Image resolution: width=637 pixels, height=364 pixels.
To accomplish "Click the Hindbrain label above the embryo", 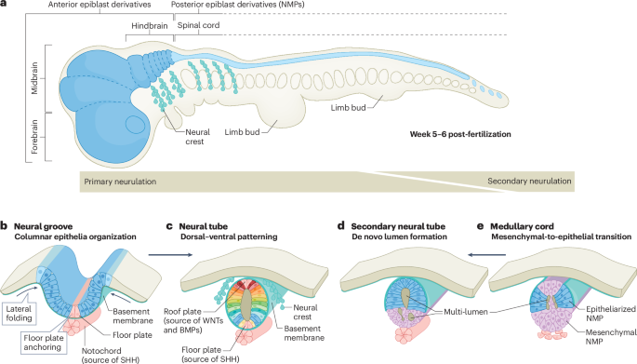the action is click(x=149, y=26).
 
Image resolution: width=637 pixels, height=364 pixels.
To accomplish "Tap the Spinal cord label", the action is click(x=198, y=25).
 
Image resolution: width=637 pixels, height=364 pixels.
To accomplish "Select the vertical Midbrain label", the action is click(x=34, y=78).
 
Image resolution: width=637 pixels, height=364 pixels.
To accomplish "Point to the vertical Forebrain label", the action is click(x=34, y=136).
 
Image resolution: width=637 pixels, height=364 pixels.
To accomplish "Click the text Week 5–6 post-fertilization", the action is click(x=460, y=134).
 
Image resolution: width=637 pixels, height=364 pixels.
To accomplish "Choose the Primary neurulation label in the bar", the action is click(x=120, y=182).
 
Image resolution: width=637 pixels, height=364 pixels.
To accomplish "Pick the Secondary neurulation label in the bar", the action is click(x=529, y=181).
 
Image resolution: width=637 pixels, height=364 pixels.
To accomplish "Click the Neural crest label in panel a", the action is click(x=197, y=137).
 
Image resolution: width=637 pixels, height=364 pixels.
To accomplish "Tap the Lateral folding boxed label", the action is click(x=19, y=314).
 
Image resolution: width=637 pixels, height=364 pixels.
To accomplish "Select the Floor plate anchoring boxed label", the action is click(x=43, y=343).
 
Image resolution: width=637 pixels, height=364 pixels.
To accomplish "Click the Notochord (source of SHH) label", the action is click(x=111, y=355).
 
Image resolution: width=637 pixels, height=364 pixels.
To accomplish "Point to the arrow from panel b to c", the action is click(x=170, y=255).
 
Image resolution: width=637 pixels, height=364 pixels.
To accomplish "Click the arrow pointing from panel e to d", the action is click(x=486, y=255).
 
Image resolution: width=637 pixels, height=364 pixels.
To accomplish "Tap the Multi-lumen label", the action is click(x=466, y=313).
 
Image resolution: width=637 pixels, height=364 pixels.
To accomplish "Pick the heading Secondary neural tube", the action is click(x=398, y=226).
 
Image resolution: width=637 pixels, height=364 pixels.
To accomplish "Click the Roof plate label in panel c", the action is click(x=193, y=320).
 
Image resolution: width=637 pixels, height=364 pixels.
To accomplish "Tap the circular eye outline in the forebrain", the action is click(x=134, y=124).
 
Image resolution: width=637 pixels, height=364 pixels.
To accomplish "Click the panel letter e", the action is click(x=480, y=226).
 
